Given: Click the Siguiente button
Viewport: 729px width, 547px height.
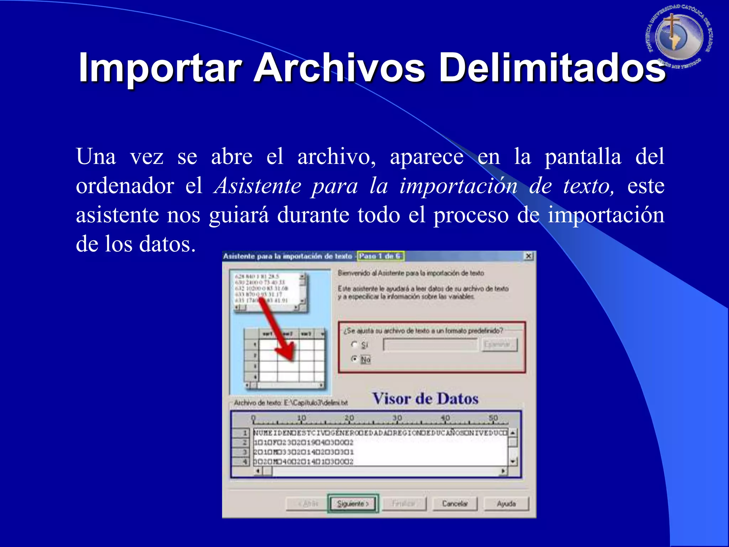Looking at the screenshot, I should tap(353, 504).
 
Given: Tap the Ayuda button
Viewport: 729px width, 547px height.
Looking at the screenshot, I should tap(506, 504).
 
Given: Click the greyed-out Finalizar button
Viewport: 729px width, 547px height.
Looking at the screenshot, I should tap(404, 504).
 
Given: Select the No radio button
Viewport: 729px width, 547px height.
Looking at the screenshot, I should tap(355, 359).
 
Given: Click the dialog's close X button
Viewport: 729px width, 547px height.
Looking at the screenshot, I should tap(529, 256).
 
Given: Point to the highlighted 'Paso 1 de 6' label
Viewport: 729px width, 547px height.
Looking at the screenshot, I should tap(380, 256).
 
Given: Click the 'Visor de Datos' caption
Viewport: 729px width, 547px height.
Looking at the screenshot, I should tap(425, 398).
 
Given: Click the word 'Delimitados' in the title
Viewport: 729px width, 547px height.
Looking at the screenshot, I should tap(552, 68).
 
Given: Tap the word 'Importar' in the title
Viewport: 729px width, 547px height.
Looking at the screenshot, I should tap(160, 68).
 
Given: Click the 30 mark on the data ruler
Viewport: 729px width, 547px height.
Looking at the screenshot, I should tap(397, 418).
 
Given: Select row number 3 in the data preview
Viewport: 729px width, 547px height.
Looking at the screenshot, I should tap(245, 452).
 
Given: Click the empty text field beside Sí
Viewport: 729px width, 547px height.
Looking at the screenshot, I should tap(430, 344).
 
